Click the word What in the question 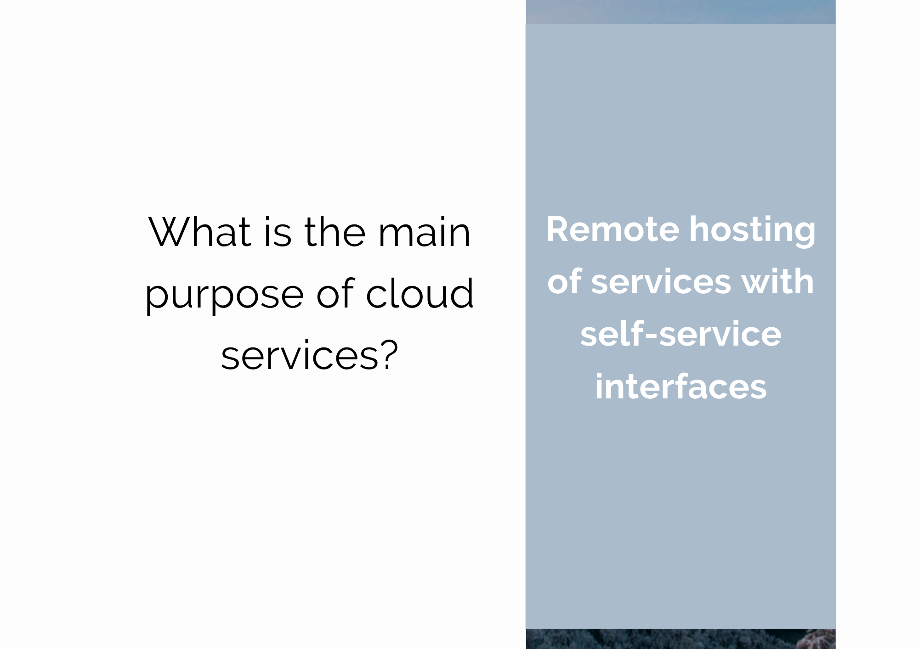pos(199,232)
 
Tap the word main pos(425,232)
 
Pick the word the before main pos(335,232)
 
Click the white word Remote pos(613,229)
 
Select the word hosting pos(753,231)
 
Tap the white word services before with pos(661,282)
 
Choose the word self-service pos(681,334)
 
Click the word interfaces pos(681,386)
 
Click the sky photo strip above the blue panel pos(681,12)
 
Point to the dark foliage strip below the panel pos(681,639)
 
